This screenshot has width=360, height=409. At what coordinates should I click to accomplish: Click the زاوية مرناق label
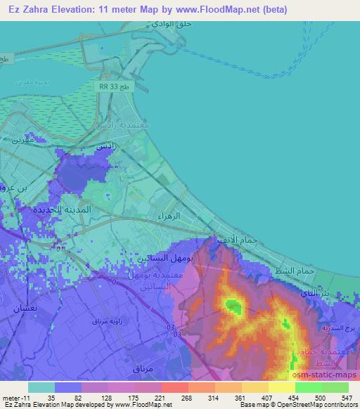click(106, 321)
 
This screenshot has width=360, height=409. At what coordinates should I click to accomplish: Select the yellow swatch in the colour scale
click(281, 387)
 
